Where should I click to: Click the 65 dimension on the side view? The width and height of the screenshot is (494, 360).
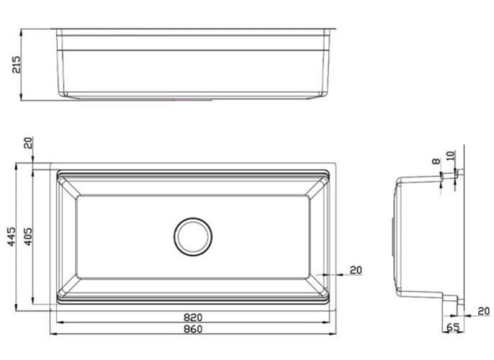[453, 328]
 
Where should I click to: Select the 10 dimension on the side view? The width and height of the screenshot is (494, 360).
[451, 156]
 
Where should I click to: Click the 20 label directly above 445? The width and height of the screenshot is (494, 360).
[27, 143]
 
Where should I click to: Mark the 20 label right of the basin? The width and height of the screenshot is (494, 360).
[356, 270]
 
